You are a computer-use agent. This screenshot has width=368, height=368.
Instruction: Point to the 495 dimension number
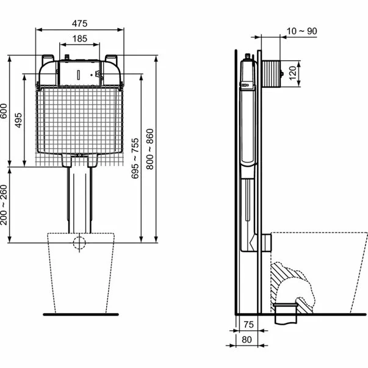[19, 120]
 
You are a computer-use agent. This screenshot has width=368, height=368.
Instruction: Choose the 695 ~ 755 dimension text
[135, 157]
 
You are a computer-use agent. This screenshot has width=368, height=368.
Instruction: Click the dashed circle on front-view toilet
[79, 243]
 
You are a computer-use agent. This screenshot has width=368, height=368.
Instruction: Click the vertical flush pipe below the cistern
[79, 195]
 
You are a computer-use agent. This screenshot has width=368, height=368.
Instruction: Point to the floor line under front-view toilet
[79, 315]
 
